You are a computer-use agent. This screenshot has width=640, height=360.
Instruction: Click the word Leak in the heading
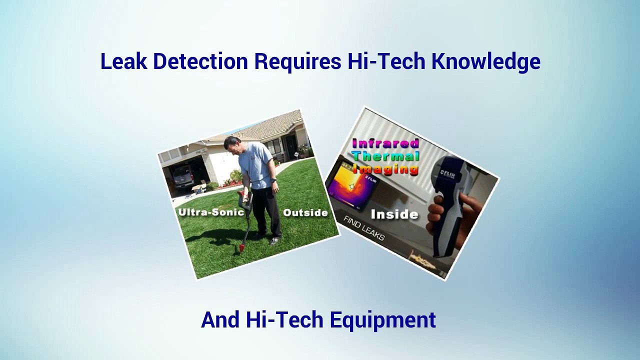tap(124, 61)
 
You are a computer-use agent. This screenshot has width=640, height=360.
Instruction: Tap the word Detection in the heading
tap(200, 61)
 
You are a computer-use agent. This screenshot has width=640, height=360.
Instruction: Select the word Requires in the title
tap(297, 61)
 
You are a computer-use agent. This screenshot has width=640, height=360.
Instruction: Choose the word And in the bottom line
tap(220, 319)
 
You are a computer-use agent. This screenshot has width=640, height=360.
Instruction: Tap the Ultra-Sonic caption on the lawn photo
tap(211, 212)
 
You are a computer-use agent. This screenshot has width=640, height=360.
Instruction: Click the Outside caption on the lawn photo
tap(305, 212)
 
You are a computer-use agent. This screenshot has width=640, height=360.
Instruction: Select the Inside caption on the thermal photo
tap(394, 214)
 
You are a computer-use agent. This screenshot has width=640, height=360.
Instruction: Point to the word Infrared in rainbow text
tap(385, 143)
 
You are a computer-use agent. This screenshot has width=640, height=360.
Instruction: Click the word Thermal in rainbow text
tap(386, 156)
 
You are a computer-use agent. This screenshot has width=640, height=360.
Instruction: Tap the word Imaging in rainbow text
tap(385, 169)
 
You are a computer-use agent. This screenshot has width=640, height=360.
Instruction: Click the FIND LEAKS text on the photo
tap(363, 227)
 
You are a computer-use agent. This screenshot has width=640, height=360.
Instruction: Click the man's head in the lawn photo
tap(232, 145)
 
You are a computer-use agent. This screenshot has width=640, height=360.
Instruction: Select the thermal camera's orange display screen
tap(351, 185)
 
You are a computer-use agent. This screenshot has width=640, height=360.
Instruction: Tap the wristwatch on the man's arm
tap(273, 180)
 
